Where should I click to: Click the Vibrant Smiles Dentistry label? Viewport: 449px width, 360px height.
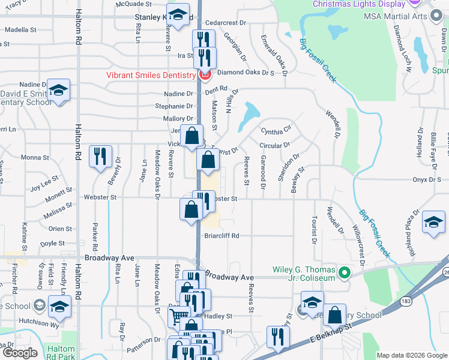(151, 75)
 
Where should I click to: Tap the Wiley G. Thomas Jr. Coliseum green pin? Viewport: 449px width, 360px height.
(343, 274)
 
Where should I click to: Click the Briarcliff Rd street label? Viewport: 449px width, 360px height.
(221, 236)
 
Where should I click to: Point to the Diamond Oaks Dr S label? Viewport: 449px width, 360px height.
(246, 73)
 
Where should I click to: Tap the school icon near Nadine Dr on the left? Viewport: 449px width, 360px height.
(58, 90)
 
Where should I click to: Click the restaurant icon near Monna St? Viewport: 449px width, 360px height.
(100, 156)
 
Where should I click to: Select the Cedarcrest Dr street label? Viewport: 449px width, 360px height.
(226, 23)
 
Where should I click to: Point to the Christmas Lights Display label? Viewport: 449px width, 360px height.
(358, 4)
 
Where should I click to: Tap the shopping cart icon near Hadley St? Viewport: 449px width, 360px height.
(178, 318)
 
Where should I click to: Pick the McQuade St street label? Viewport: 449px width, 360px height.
(131, 4)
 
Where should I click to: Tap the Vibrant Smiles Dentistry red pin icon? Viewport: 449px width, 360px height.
(205, 75)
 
